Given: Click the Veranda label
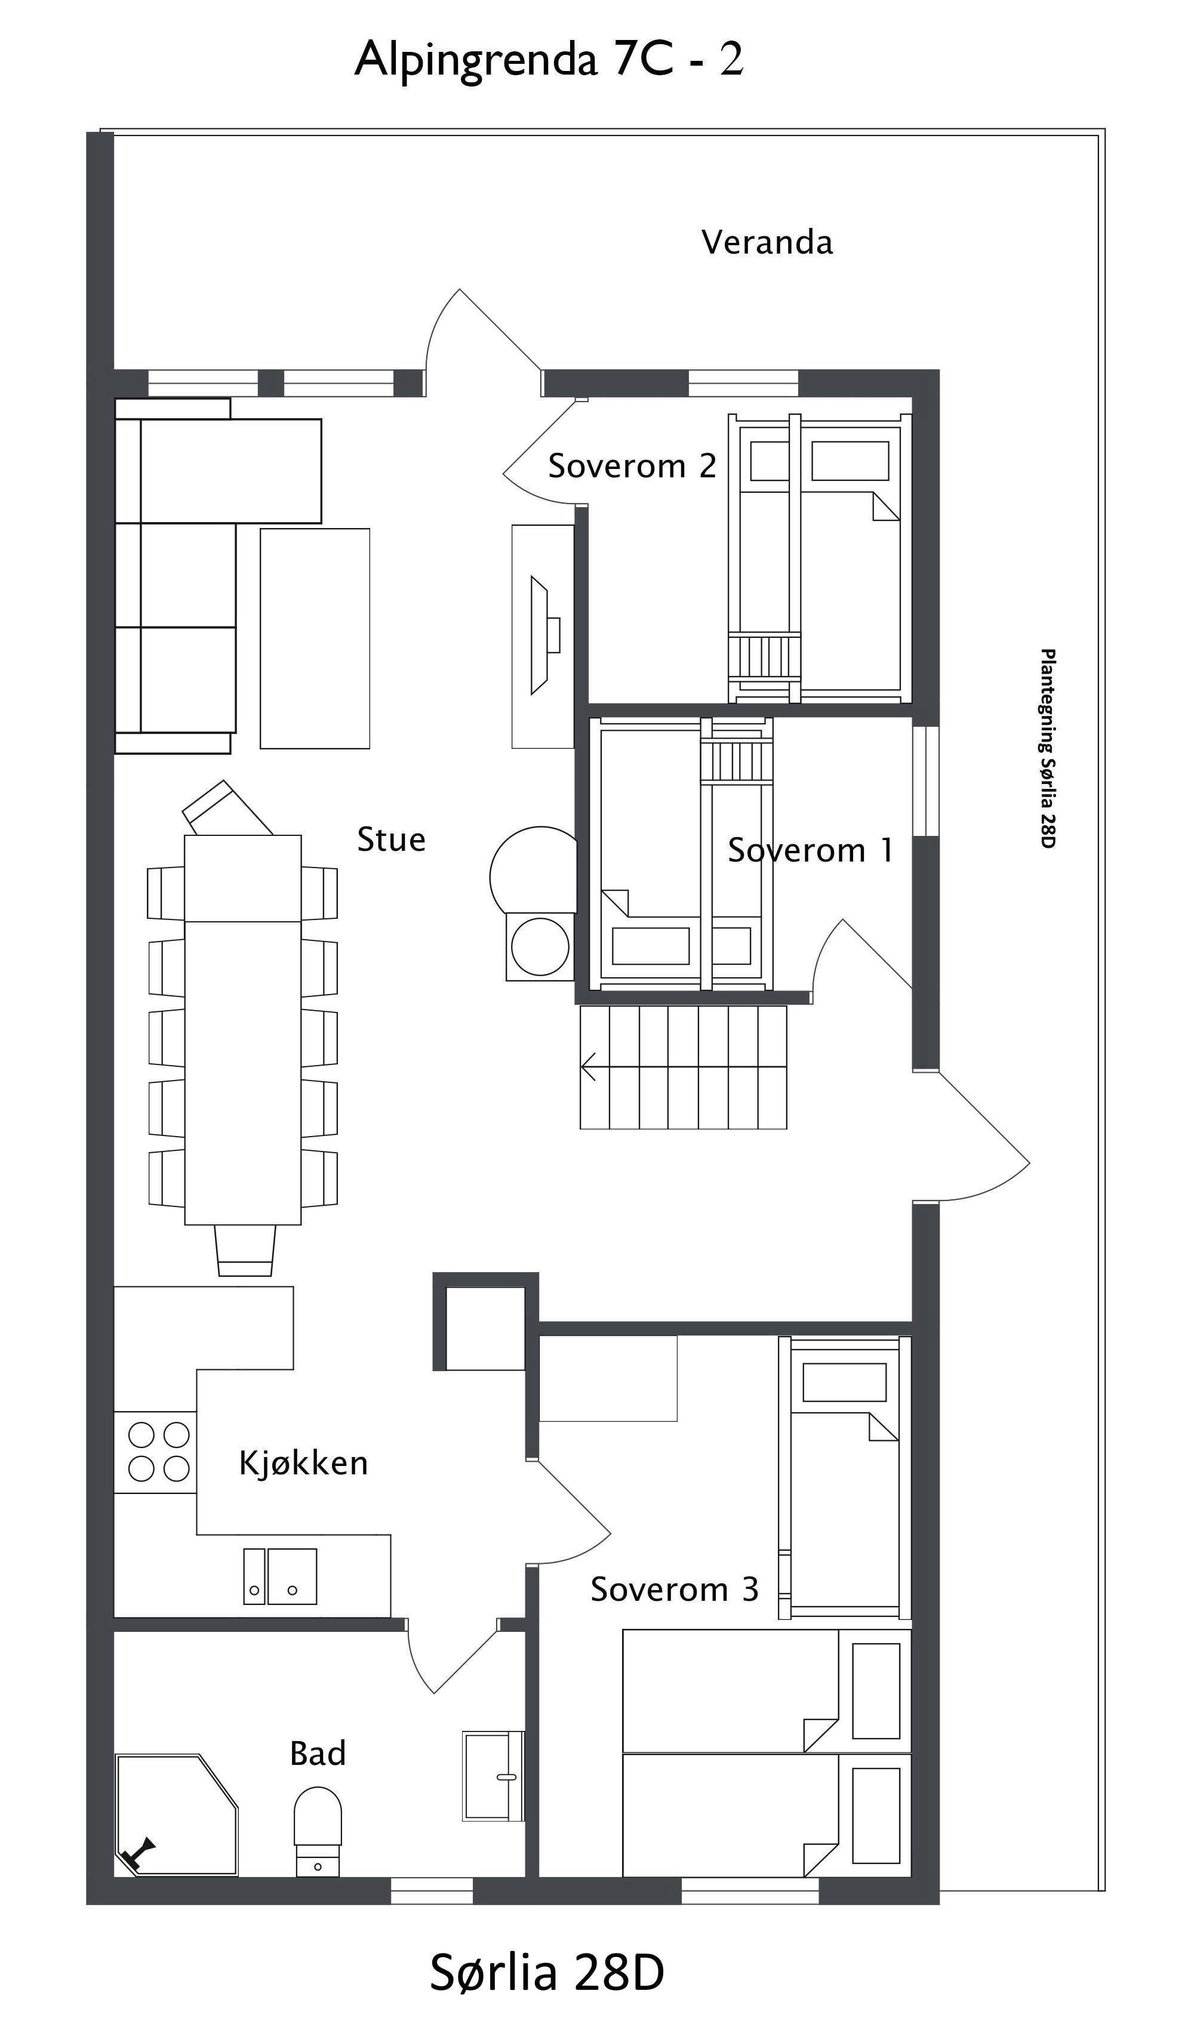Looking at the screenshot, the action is pyautogui.click(x=767, y=242).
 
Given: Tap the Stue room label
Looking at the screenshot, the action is pyautogui.click(x=392, y=839).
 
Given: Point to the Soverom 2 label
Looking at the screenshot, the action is pyautogui.click(x=632, y=466).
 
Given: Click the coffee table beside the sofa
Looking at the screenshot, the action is pyautogui.click(x=315, y=638).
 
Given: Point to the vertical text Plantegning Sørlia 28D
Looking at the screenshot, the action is pyautogui.click(x=1047, y=748).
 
